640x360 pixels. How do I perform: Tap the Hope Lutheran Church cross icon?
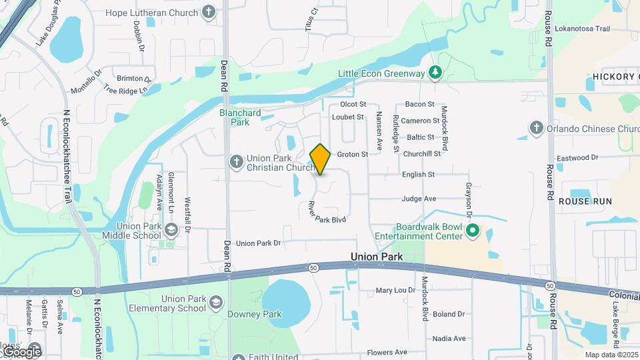point(209,13)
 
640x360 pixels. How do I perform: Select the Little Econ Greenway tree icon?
point(435,72)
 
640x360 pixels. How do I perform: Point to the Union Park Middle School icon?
point(171,231)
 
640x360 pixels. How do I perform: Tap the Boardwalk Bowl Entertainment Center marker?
point(473,231)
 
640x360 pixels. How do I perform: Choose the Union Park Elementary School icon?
point(216,303)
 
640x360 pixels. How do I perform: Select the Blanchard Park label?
point(240,117)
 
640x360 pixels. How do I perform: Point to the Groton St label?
point(352,155)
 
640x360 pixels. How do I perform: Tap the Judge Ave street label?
point(419,199)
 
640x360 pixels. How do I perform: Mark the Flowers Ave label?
point(387,352)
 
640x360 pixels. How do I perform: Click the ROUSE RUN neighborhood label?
point(585,201)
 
